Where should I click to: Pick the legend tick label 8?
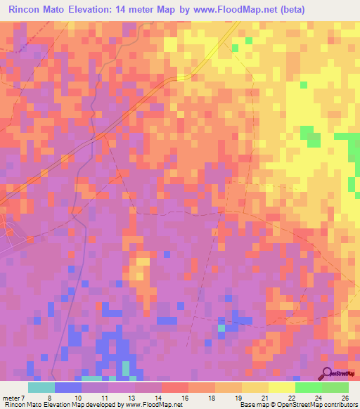49,397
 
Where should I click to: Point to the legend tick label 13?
131,397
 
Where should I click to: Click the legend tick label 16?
185,397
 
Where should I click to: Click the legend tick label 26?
345,397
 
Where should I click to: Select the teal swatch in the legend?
41,387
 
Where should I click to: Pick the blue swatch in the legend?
68,387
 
